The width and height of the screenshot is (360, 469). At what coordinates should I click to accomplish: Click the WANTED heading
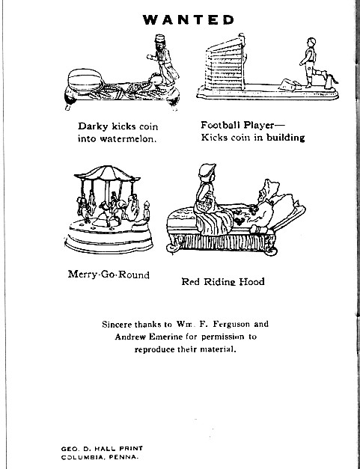(188, 20)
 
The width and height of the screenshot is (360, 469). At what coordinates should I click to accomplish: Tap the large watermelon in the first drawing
(85, 80)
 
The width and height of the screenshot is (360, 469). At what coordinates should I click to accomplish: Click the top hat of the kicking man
(160, 39)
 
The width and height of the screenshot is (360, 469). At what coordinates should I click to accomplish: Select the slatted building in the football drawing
(225, 67)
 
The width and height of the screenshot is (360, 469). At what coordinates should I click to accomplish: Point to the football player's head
(311, 42)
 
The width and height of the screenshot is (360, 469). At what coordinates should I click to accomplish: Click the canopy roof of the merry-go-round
(107, 174)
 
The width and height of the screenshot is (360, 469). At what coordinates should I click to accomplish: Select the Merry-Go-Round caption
(109, 275)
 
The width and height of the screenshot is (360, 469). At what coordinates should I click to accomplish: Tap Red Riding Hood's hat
(207, 170)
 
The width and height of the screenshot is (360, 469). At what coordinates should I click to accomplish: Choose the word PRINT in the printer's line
(131, 448)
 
